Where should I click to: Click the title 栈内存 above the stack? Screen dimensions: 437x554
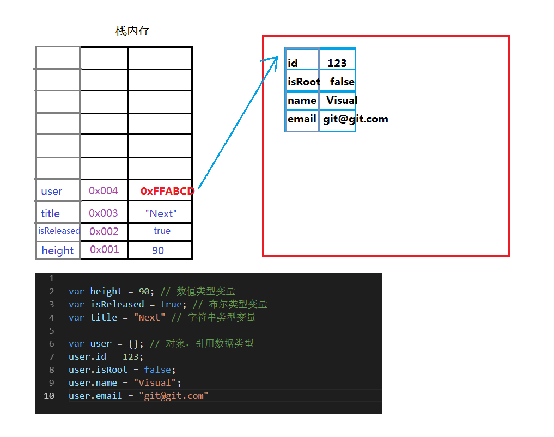[x=132, y=31]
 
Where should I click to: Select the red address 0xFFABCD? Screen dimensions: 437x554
[x=167, y=191]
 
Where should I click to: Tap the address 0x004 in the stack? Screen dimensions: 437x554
[x=104, y=190]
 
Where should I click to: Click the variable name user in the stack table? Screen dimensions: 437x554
[x=52, y=192]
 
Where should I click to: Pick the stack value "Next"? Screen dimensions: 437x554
[x=161, y=213]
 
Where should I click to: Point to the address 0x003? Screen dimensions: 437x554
[x=104, y=213]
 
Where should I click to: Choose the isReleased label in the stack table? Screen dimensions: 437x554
[x=58, y=231]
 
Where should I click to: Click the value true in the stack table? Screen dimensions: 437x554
[x=162, y=231]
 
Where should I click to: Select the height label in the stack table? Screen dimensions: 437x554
[x=57, y=250]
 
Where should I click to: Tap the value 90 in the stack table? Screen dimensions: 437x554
[x=158, y=250]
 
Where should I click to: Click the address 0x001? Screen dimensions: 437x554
[x=104, y=249]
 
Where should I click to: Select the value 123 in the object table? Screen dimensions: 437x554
[x=337, y=63]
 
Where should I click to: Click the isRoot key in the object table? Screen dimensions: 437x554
[x=303, y=82]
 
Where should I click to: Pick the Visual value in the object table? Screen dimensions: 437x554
[x=342, y=100]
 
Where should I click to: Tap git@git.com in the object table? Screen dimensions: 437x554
[x=355, y=119]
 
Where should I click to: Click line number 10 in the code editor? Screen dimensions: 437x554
[x=49, y=396]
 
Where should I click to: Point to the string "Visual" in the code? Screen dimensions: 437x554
[x=155, y=383]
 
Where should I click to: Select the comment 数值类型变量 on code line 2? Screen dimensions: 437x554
[x=205, y=291]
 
